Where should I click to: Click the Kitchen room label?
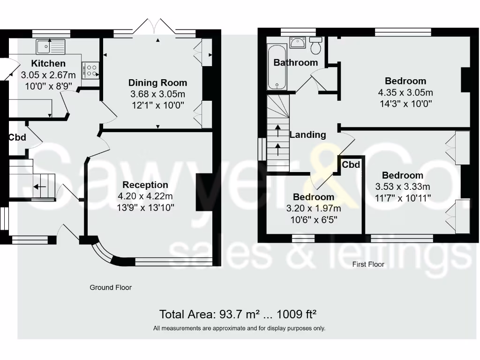[48, 63]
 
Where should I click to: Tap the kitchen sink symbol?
[51, 46]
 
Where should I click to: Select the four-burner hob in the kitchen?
[91, 70]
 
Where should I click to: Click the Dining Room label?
[157, 83]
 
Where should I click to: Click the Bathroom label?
[296, 62]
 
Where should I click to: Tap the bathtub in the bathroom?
[277, 67]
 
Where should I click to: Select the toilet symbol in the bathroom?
[316, 45]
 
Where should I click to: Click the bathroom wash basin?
[297, 43]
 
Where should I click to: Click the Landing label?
[307, 135]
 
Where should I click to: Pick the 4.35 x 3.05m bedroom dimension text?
[405, 92]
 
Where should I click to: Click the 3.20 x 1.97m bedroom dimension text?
[314, 208]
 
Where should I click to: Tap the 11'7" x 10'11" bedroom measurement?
[403, 197]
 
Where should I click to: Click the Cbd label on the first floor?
[351, 165]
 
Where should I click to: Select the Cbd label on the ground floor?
[17, 138]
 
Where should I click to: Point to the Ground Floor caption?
[111, 287]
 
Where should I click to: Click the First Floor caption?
[368, 264]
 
